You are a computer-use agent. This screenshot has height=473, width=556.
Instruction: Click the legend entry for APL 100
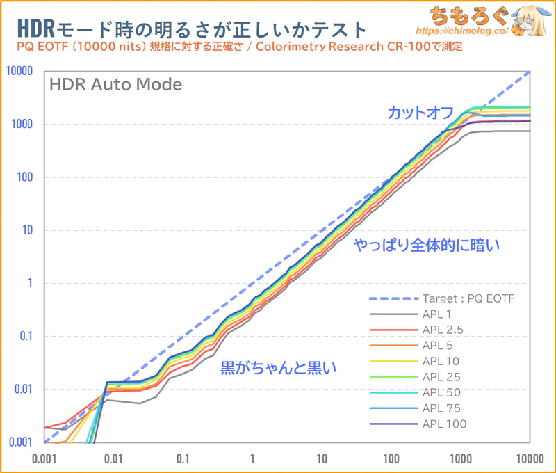click(444, 424)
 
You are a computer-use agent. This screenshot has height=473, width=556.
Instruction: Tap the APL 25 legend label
click(441, 377)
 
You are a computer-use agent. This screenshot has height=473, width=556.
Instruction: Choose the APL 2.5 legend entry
click(443, 330)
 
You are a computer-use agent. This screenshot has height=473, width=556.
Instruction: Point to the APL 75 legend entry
click(441, 408)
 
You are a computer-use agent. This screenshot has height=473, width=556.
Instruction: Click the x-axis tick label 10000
click(530, 458)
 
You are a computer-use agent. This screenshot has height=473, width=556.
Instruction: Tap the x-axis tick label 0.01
click(113, 458)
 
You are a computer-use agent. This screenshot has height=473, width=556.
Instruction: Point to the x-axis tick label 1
click(252, 458)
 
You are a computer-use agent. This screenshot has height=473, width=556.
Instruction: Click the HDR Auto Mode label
click(115, 85)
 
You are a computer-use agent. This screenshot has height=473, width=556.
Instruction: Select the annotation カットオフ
click(421, 112)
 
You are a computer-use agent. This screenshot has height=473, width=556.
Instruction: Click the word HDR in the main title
click(31, 29)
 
